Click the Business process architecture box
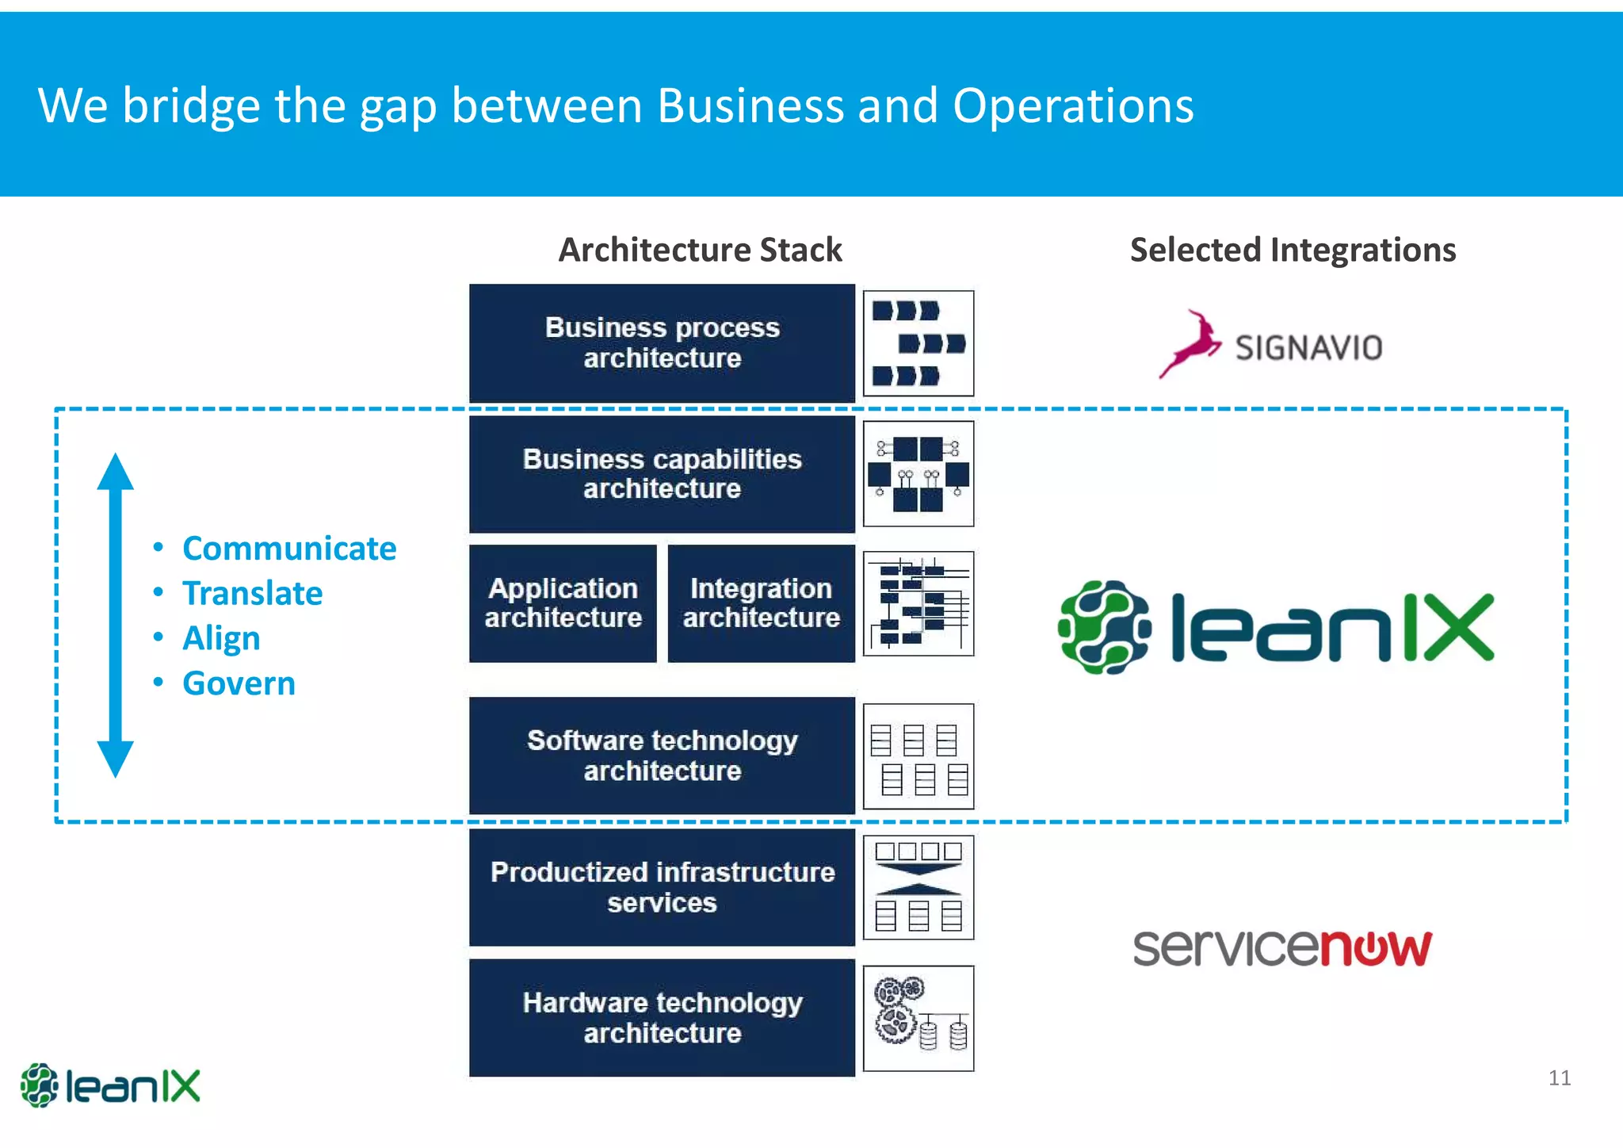[x=662, y=342]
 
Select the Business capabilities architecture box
[x=662, y=474]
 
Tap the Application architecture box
[x=563, y=603]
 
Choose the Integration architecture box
[x=761, y=603]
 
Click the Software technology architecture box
[x=662, y=755]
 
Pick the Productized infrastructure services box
[x=662, y=887]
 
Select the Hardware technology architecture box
[x=662, y=1018]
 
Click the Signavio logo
[x=1271, y=346]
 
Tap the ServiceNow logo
[x=1282, y=948]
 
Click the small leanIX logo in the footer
[x=110, y=1085]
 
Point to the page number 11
[x=1559, y=1078]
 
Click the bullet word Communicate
[x=289, y=549]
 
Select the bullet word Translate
[x=252, y=594]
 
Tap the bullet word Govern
[x=239, y=683]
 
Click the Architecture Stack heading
[x=700, y=251]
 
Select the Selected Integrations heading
[x=1293, y=251]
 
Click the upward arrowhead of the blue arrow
[x=116, y=473]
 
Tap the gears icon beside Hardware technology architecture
[x=918, y=1019]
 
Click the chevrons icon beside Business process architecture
[x=918, y=343]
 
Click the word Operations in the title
[x=1073, y=106]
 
